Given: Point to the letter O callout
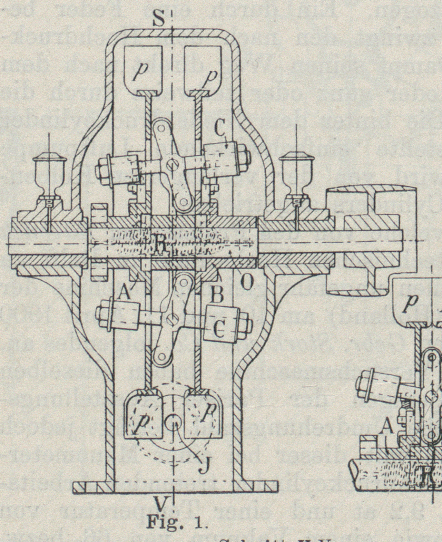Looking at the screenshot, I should coord(247,282).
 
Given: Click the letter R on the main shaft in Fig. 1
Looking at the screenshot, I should coord(159,246).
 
